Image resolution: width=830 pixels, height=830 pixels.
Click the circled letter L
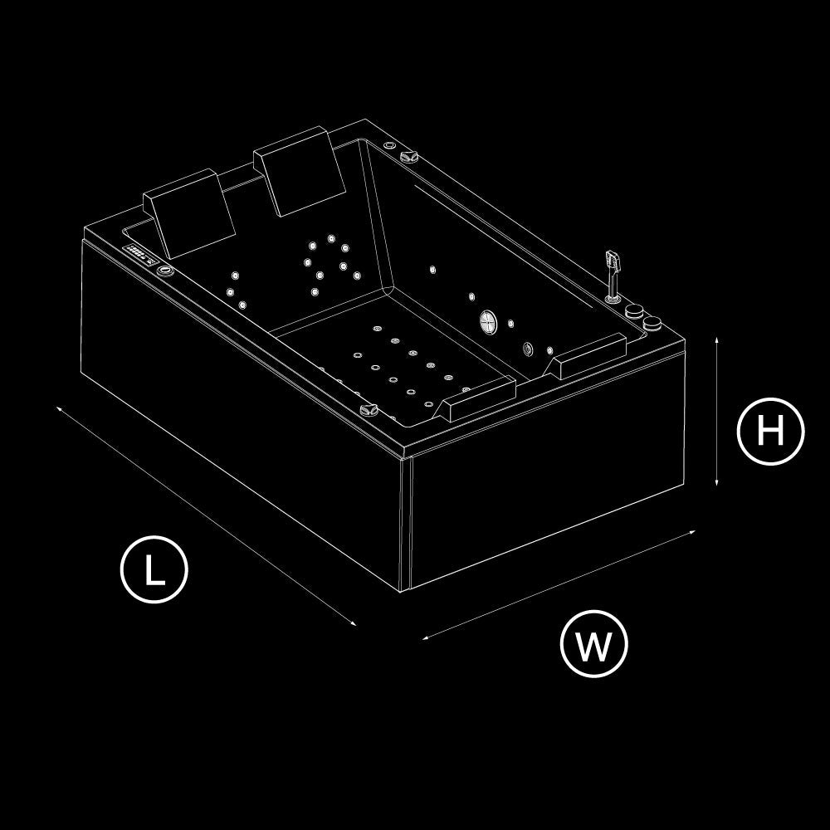(154, 569)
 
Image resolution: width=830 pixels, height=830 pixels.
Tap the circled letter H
(770, 431)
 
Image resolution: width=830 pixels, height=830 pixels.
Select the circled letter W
(593, 644)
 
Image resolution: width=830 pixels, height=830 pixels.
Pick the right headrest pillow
(299, 171)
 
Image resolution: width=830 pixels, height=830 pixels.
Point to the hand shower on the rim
(613, 276)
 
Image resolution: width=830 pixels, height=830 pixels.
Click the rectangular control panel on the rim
(141, 255)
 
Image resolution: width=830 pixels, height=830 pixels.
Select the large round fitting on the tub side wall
(489, 322)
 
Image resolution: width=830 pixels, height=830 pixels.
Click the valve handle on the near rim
(369, 409)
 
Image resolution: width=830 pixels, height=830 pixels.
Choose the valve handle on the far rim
(409, 156)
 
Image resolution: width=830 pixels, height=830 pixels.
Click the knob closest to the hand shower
(633, 310)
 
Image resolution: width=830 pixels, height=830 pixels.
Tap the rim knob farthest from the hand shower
(652, 324)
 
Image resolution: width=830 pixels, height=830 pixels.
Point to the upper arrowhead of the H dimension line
(716, 339)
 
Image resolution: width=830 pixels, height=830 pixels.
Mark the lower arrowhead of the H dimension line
(716, 482)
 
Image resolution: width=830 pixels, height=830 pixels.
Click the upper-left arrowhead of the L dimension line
(59, 408)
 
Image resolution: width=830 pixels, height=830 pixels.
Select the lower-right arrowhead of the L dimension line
(353, 623)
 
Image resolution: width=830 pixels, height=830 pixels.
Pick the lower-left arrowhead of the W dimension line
(426, 637)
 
